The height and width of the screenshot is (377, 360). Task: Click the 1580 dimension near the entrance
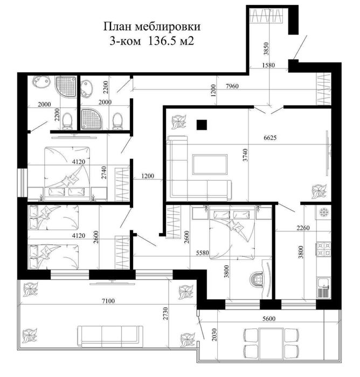(x=268, y=65)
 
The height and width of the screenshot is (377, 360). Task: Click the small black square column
(x=202, y=125)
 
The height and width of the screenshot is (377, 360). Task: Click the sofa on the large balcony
(x=110, y=336)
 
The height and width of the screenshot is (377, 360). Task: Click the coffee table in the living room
(x=210, y=164)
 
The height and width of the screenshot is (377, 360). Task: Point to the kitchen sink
(x=323, y=285)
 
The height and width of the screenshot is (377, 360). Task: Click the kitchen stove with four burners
(x=323, y=248)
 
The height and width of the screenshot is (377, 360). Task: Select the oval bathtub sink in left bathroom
(x=40, y=85)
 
